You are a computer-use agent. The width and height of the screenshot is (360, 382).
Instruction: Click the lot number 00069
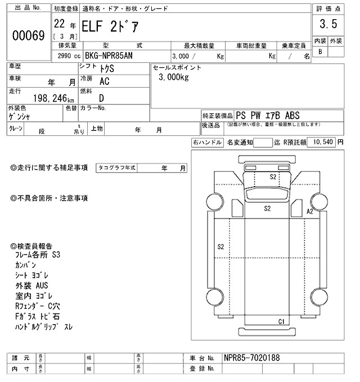(x=28, y=36)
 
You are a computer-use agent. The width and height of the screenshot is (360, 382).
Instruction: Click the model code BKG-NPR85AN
(x=112, y=56)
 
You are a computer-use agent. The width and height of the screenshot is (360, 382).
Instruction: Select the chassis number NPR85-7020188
(x=251, y=358)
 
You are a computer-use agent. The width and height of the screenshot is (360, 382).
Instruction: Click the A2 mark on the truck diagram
(x=309, y=211)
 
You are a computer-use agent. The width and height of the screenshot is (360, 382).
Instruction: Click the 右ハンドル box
(x=207, y=143)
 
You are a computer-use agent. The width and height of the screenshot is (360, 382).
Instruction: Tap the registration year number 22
(x=58, y=24)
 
